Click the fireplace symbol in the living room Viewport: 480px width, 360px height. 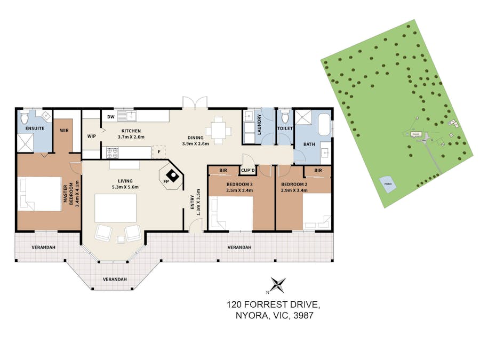point(173,175)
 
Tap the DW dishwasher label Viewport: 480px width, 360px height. point(111,117)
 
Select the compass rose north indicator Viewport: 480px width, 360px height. point(278,285)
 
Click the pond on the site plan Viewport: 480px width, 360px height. point(388,185)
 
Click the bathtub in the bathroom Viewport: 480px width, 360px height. point(324,124)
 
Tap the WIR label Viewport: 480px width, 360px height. point(65,131)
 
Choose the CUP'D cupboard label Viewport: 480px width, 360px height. point(248,171)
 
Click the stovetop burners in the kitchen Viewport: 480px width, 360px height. point(112,153)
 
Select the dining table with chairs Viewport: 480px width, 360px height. point(219,131)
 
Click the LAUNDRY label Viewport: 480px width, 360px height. point(259,125)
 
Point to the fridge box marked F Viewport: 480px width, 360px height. point(159,152)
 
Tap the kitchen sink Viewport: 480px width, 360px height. point(128,116)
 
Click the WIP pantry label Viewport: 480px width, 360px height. point(92,136)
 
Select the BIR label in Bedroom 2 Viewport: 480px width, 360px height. point(318,170)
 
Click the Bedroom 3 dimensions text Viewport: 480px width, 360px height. point(239,190)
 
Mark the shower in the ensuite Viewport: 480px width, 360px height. point(25,143)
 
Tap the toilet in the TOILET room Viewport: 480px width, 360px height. point(285,117)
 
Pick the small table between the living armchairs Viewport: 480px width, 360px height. point(121,239)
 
